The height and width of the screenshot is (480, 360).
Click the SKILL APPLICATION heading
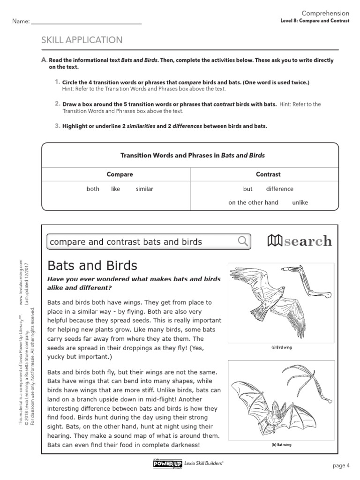[x=82, y=40]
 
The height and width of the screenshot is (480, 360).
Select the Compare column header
[x=120, y=174]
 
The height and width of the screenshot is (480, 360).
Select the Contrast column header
[x=268, y=174]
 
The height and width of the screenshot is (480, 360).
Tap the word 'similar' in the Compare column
[x=144, y=189]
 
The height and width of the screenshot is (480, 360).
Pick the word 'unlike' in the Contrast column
[x=300, y=202]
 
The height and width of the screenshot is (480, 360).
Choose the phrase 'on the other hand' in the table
[x=253, y=202]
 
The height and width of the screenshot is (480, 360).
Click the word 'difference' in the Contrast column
[x=280, y=189]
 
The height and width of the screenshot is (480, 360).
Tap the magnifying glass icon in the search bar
[x=243, y=241]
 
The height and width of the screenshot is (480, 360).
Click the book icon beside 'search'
[x=275, y=241]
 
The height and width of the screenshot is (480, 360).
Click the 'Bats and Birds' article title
[x=92, y=266]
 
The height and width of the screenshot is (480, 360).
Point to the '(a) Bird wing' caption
[x=281, y=348]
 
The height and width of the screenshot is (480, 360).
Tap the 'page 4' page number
[x=341, y=465]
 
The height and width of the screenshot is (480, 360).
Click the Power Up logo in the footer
[x=167, y=464]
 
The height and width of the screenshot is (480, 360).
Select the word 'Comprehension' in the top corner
[x=325, y=14]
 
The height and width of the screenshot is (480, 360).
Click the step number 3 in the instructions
[x=57, y=126]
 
